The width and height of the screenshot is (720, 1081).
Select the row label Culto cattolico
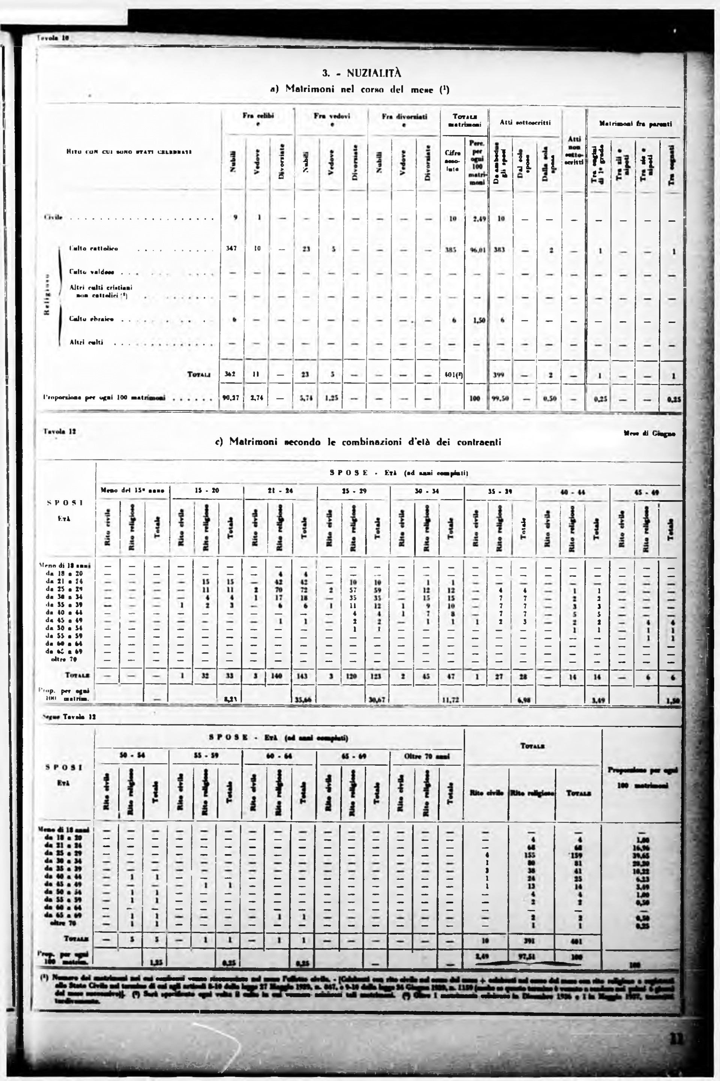click(94, 248)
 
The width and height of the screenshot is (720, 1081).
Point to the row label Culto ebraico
click(92, 318)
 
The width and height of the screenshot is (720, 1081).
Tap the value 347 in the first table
click(231, 249)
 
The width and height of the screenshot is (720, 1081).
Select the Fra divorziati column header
click(404, 117)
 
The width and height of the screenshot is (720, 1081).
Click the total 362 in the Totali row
click(231, 374)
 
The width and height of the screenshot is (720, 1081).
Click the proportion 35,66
click(304, 700)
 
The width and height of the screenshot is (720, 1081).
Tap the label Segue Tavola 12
click(69, 716)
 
